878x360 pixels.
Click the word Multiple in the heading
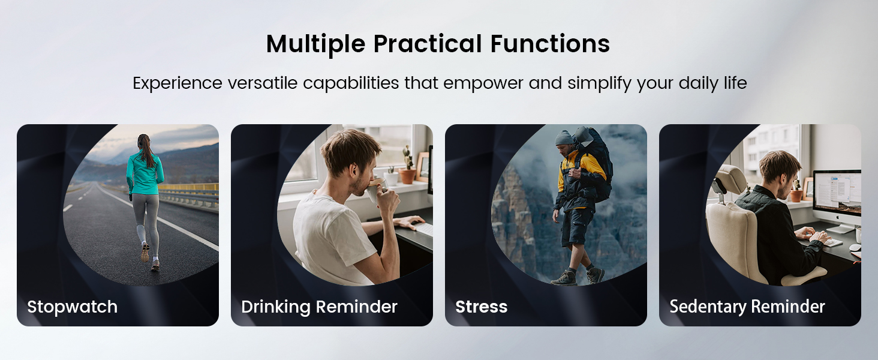coord(315,44)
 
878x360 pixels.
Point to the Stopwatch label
coord(72,307)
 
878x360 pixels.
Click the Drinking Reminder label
coord(319,307)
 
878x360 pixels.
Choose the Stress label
coord(481,307)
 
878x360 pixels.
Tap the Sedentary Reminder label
coord(747,307)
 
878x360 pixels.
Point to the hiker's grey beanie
coord(564,137)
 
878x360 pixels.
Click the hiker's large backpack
coord(597,162)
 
